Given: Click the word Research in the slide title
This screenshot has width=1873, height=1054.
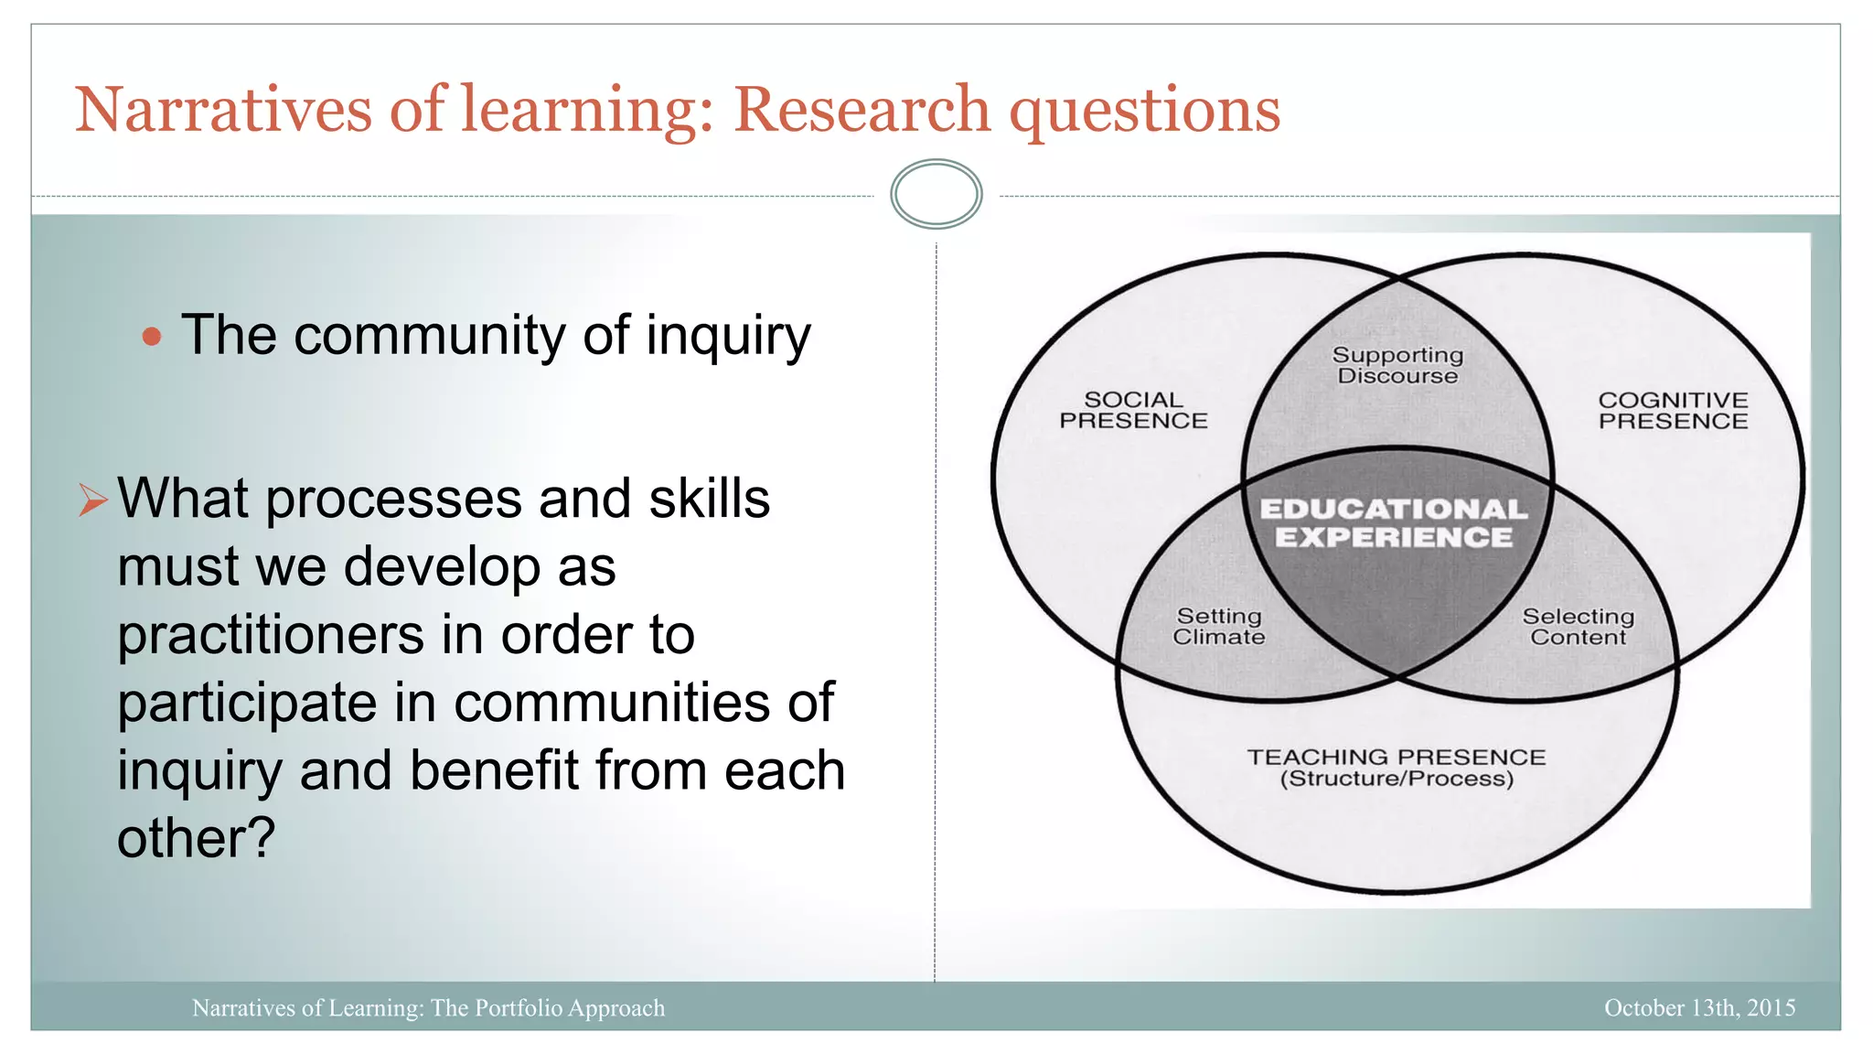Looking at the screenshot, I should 862,110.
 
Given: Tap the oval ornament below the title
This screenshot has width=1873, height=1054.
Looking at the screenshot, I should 936,194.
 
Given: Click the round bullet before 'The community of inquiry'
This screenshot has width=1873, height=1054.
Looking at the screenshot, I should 152,337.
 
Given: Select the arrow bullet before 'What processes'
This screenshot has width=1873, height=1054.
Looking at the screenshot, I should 92,500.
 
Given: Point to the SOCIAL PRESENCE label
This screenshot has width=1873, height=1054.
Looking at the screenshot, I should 1133,410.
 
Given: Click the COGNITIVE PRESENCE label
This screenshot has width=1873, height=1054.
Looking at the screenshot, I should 1673,411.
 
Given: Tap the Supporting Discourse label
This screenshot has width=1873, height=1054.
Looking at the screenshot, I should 1397,365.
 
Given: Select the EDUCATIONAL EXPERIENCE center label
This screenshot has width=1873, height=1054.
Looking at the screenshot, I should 1394,522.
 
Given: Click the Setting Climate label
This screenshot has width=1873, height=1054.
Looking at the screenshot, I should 1219,627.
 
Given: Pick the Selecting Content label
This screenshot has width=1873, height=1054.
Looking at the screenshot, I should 1578,627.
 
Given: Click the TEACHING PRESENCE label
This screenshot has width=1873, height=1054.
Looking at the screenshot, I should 1397,758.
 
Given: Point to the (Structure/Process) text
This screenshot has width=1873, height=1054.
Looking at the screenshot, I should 1397,780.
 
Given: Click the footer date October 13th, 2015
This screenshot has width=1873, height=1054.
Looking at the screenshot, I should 1699,1007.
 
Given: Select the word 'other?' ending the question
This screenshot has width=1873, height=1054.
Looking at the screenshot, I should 196,837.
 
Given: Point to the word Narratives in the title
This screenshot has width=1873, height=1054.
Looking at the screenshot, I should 223,110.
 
